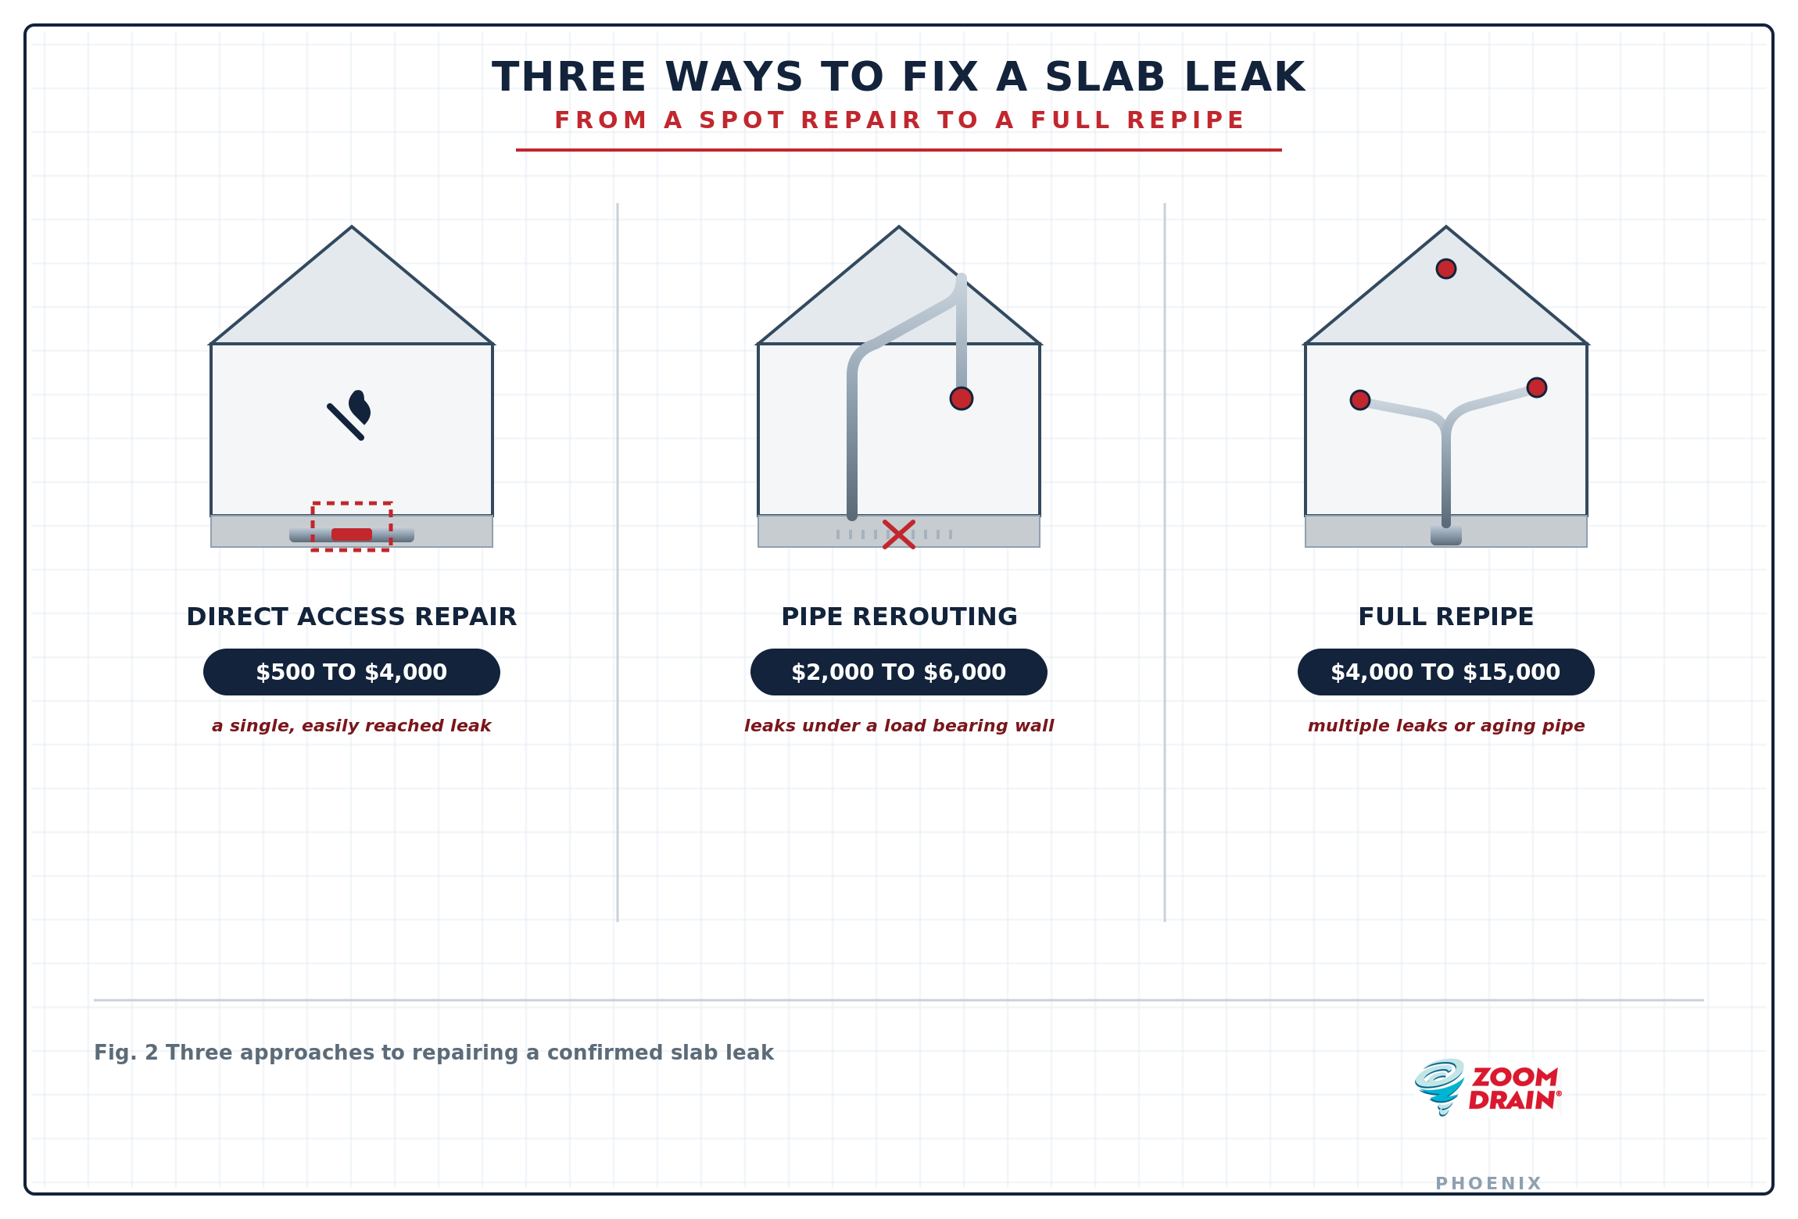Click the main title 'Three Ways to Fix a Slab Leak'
coord(899,77)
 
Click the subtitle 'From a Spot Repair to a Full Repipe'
coord(899,120)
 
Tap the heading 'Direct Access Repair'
coord(352,617)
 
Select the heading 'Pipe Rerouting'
coord(899,617)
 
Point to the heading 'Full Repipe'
coord(1446,617)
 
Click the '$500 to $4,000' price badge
coord(352,672)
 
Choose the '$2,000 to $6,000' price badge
coord(899,672)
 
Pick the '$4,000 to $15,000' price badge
coord(1446,672)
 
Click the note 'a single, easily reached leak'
coord(352,726)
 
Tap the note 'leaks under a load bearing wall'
coord(899,726)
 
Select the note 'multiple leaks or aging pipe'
coord(1446,726)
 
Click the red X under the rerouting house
coord(899,534)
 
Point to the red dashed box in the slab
coord(352,503)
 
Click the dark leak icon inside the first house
coord(349,416)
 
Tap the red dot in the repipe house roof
coord(1446,269)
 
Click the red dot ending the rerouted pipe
coord(962,399)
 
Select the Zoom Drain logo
coord(1488,1088)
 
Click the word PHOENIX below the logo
coord(1488,1184)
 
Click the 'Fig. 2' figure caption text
coord(434,1053)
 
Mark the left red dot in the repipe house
coord(1360,400)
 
